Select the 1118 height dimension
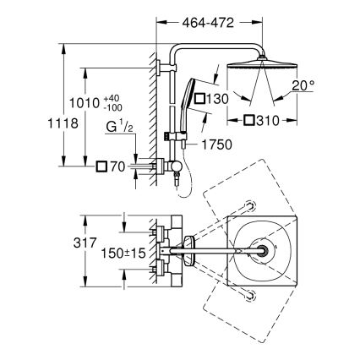27,124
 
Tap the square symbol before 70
101,166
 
